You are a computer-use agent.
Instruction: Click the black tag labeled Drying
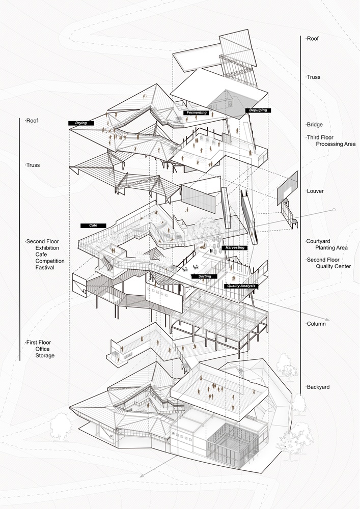[x=81, y=123]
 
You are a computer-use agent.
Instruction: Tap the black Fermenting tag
[x=197, y=112]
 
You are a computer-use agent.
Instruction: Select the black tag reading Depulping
[x=258, y=110]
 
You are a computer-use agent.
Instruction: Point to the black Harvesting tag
[x=235, y=248]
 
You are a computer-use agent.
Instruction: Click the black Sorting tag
[x=204, y=276]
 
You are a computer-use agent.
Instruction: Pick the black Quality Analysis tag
[x=241, y=286]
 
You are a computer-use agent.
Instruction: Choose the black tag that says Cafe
[x=93, y=225]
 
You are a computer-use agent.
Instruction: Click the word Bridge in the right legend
[x=315, y=125]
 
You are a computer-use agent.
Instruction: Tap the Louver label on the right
[x=315, y=191]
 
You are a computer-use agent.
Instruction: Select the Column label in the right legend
[x=316, y=324]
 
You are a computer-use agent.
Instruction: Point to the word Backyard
[x=318, y=387]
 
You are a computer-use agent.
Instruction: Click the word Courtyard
[x=318, y=241]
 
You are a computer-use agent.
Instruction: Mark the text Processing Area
[x=336, y=144]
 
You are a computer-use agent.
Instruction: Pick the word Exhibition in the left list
[x=47, y=248]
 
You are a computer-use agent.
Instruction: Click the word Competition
[x=50, y=261]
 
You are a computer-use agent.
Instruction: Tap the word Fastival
[x=45, y=268]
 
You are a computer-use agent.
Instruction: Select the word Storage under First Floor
[x=45, y=355]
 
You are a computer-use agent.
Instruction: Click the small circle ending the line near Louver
[x=334, y=210]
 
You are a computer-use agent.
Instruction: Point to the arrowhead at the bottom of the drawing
[x=142, y=476]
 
